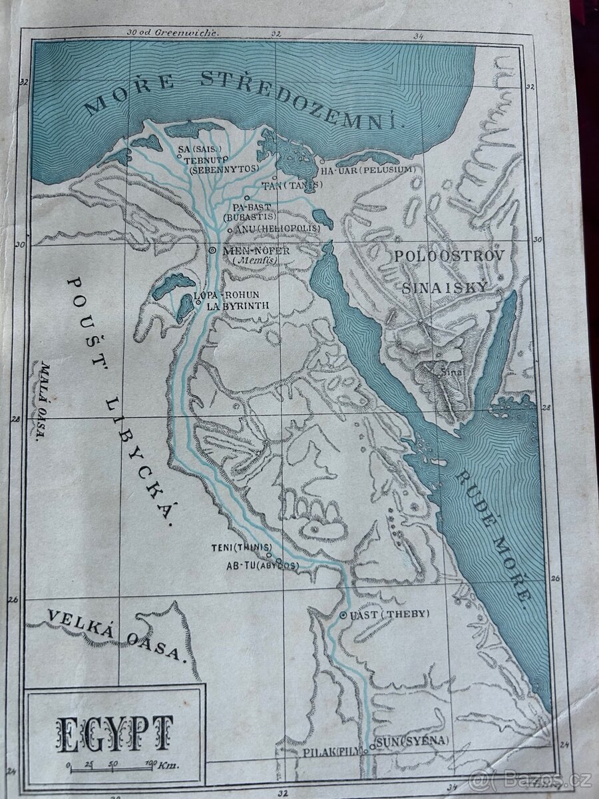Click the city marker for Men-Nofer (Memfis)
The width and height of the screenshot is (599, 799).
212,250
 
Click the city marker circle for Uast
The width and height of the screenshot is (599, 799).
343,615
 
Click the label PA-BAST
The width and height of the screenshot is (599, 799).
252,207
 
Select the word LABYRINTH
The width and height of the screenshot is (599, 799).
237,306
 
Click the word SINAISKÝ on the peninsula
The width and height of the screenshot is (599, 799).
445,287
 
